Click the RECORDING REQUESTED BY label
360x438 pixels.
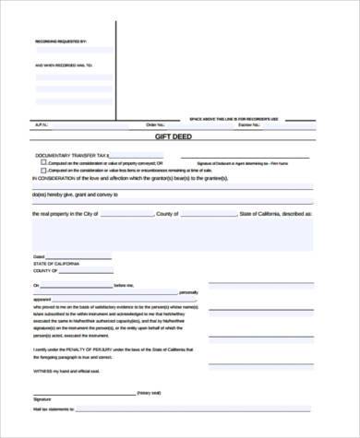60,42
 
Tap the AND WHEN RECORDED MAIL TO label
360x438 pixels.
65,65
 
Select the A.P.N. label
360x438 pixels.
41,124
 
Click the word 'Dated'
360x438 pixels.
39,255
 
